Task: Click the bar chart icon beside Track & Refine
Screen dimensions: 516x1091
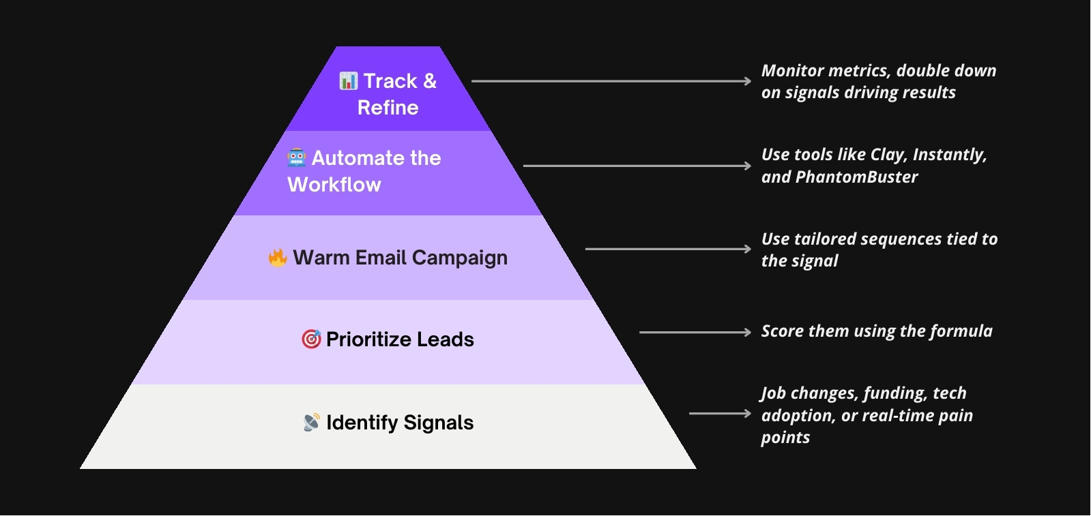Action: point(348,81)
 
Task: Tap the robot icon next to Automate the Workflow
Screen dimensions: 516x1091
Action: point(297,158)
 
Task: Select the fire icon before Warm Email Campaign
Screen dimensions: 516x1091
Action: point(278,258)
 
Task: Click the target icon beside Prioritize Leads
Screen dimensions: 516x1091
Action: point(311,339)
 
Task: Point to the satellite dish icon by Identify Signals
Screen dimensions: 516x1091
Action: point(311,423)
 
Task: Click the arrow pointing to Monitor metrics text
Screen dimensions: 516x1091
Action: point(611,81)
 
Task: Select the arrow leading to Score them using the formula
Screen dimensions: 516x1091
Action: point(695,332)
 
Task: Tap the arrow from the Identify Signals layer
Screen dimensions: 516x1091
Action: point(720,413)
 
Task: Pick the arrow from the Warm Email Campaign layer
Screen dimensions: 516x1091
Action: point(668,249)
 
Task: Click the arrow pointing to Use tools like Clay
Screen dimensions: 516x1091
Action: point(637,166)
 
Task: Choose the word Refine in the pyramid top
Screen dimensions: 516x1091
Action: point(388,108)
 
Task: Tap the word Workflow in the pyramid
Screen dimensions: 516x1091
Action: point(334,185)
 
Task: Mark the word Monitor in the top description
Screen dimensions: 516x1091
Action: point(791,71)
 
